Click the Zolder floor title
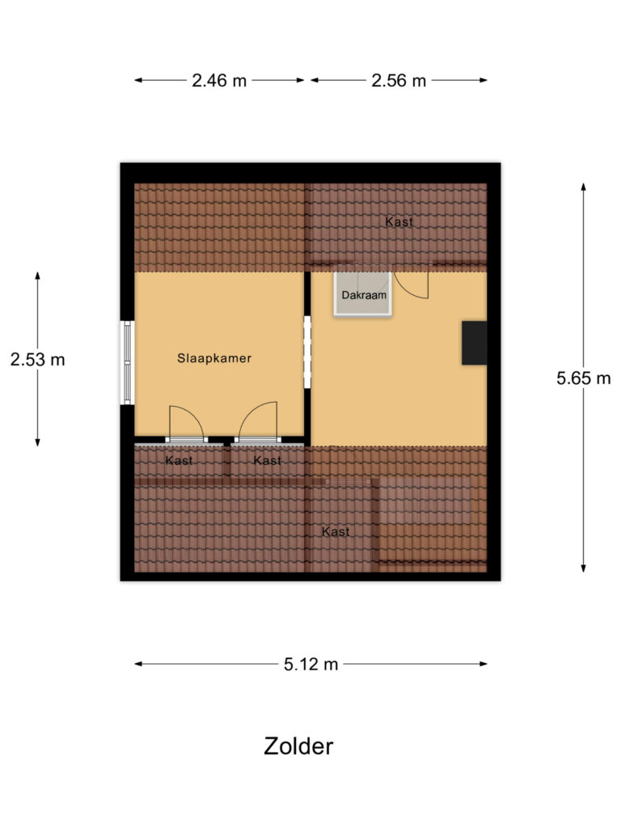coord(298,746)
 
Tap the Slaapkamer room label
coord(214,358)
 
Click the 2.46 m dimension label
coord(219,81)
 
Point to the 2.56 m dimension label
coord(398,81)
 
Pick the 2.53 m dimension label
coord(37,360)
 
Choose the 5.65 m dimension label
coord(583,378)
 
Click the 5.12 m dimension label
coord(310,665)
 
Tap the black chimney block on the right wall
coord(474,343)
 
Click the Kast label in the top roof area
coord(399,222)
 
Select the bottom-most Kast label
coord(336,531)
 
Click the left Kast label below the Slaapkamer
coord(179,461)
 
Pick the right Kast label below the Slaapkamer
coord(267,461)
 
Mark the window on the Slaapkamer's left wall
coord(127,362)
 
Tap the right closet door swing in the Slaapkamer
coord(258,423)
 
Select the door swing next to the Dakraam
coord(412,284)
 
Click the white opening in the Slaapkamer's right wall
coord(307,352)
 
